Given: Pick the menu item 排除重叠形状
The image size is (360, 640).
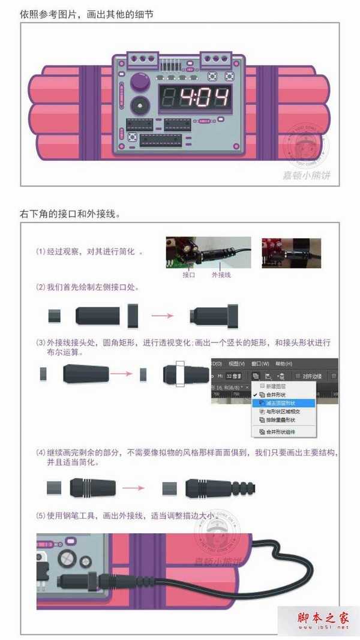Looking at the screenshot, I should tap(282, 421).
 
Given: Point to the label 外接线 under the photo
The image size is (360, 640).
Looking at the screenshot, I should tap(221, 275).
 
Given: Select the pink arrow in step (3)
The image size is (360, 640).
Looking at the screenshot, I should tap(122, 374).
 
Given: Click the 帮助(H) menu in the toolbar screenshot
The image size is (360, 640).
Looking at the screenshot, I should tap(283, 363).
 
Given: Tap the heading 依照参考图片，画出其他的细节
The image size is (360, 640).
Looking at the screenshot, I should tap(86, 13).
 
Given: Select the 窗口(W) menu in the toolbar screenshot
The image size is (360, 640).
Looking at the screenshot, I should tap(260, 363).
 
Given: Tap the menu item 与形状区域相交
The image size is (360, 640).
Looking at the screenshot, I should tap(282, 413).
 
